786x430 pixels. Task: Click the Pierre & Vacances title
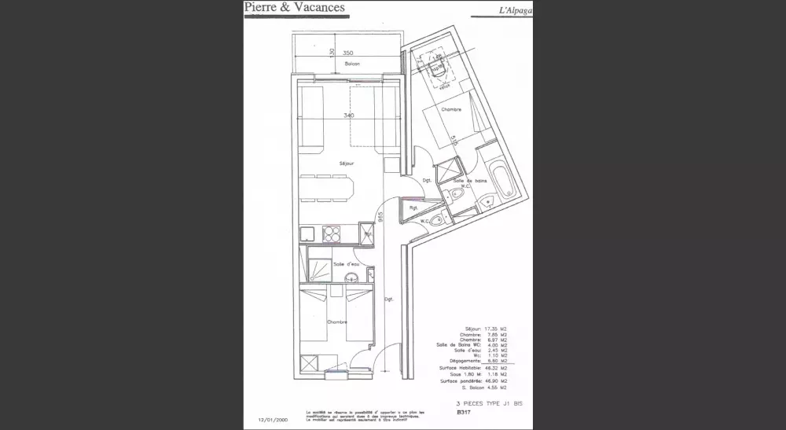(x=294, y=8)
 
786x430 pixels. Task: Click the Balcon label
(x=351, y=64)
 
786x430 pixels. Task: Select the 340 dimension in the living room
(x=348, y=116)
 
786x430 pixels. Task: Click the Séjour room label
(x=346, y=164)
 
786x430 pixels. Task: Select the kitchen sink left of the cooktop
(x=307, y=233)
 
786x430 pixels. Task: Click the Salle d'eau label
(x=346, y=263)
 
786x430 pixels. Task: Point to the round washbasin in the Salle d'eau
(x=354, y=277)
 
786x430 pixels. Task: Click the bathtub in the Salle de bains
(x=499, y=179)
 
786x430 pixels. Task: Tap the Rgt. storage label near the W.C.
(x=413, y=208)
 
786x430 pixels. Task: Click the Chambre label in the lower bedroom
(x=338, y=322)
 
